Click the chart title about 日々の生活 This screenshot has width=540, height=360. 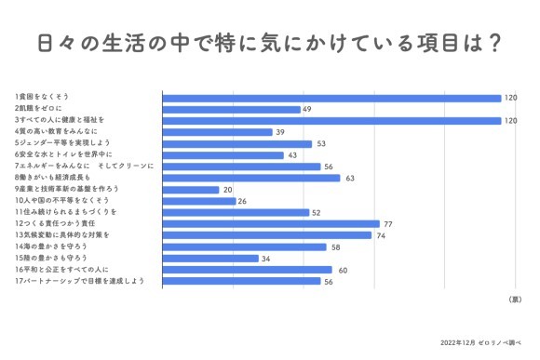[x=270, y=43]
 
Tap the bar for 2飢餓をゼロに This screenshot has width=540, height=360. [x=231, y=109]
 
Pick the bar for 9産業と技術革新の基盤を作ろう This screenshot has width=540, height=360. [x=191, y=189]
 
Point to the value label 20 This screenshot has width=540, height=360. [x=228, y=189]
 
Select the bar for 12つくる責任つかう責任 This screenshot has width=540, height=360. [x=271, y=223]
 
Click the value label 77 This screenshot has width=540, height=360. [x=388, y=223]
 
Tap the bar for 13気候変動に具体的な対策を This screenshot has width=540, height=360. [x=267, y=235]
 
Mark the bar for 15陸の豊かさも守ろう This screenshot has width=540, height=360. [x=210, y=258]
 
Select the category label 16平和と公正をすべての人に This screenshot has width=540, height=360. [x=62, y=270]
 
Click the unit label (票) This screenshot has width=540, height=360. [x=515, y=300]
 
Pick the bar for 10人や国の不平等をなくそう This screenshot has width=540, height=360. [x=199, y=201]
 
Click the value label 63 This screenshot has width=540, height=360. [x=349, y=178]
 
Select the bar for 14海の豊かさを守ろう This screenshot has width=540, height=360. [x=245, y=247]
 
